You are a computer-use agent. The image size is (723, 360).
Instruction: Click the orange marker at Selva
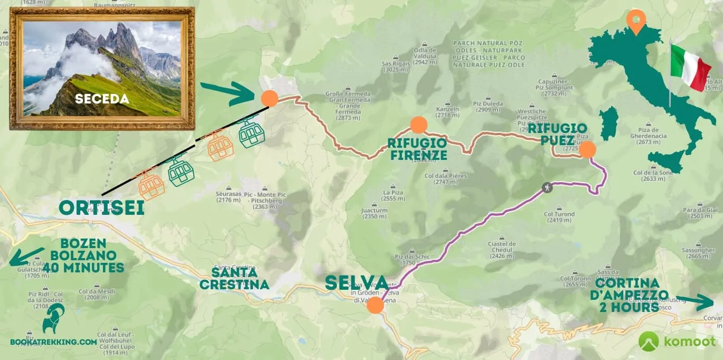click(375, 305)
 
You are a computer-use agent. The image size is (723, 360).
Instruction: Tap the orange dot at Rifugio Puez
click(587, 150)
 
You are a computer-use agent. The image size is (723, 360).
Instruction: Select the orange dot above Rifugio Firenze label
click(418, 125)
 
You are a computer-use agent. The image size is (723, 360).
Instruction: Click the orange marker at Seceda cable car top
click(269, 98)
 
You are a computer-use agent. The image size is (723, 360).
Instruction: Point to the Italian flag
click(689, 67)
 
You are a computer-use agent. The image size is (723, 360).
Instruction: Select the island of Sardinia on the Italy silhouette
click(608, 123)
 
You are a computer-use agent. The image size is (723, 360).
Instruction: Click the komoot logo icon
click(649, 341)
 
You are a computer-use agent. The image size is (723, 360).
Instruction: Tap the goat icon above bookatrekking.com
click(53, 318)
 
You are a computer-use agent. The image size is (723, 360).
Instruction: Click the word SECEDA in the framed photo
click(102, 99)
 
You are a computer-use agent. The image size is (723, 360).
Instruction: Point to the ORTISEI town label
click(101, 208)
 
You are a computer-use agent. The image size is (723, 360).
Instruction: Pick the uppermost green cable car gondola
click(251, 134)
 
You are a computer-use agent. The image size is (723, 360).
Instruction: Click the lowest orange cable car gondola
click(152, 186)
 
